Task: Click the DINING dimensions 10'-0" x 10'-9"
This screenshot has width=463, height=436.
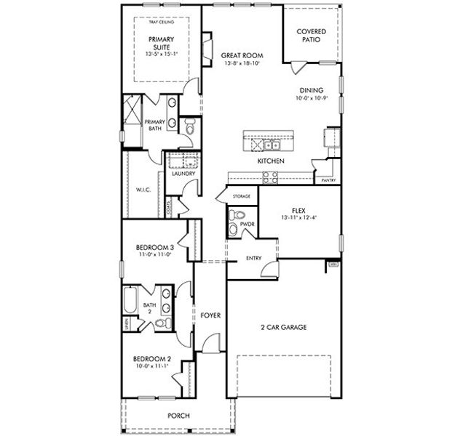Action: pos(312,99)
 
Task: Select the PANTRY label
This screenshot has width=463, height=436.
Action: pos(328,180)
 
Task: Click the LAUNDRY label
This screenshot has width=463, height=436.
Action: pos(182,174)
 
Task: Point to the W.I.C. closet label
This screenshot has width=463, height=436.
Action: pos(142,190)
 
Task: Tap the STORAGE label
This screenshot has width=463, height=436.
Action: pos(242,197)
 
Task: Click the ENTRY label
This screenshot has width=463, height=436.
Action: pos(254,258)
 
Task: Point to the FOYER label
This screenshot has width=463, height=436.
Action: pos(210,315)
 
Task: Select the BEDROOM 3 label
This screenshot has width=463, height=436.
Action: pos(154,249)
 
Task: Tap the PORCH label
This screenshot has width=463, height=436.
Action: pos(178,415)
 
